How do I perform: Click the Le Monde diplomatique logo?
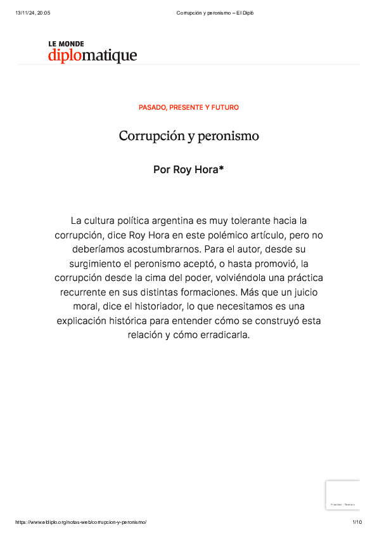click(92, 52)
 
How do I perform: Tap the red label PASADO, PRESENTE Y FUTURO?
click(189, 108)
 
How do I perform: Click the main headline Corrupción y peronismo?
click(189, 136)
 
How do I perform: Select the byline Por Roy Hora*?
click(189, 169)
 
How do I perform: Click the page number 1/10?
click(357, 521)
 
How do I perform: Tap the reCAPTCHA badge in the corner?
click(343, 495)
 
